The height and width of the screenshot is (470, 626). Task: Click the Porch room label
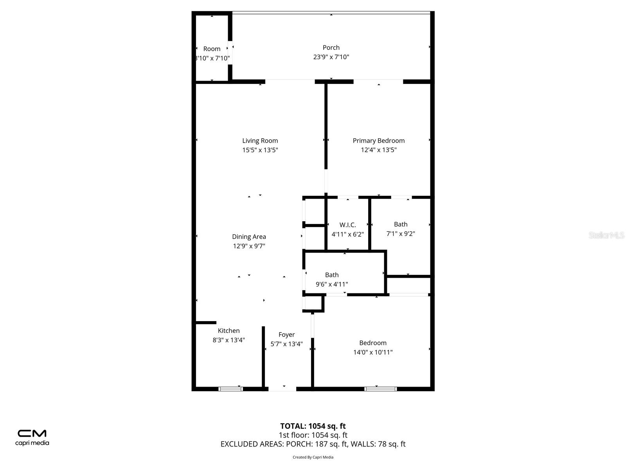pos(331,48)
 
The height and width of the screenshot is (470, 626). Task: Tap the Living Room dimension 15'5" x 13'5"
pos(260,150)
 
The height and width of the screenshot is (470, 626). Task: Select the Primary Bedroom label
pos(379,141)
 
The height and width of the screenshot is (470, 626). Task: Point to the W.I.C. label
pos(347,225)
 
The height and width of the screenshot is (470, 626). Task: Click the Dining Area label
pos(249,237)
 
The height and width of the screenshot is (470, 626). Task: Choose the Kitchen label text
pos(228,331)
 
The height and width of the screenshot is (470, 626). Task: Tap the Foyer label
pos(286,334)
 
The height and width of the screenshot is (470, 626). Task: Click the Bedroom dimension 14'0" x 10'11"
pos(373,352)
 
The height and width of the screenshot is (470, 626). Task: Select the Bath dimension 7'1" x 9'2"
pos(401,234)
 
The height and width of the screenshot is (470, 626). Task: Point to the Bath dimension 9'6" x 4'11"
pos(332,284)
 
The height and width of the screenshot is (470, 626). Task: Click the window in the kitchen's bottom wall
pos(230,389)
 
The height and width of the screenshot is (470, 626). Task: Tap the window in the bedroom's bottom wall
pos(380,389)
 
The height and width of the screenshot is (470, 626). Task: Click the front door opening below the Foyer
pos(282,389)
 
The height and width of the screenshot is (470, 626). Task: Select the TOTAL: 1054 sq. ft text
pos(313,426)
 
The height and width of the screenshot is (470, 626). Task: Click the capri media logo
pos(32,437)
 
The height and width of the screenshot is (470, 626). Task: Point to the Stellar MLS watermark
pos(606,235)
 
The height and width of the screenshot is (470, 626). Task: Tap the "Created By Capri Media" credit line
pos(313,457)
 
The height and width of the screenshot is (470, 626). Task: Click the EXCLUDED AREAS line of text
pos(313,444)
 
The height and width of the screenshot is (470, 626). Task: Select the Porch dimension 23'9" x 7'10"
pos(331,57)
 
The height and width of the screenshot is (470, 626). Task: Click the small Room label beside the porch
pos(212,49)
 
